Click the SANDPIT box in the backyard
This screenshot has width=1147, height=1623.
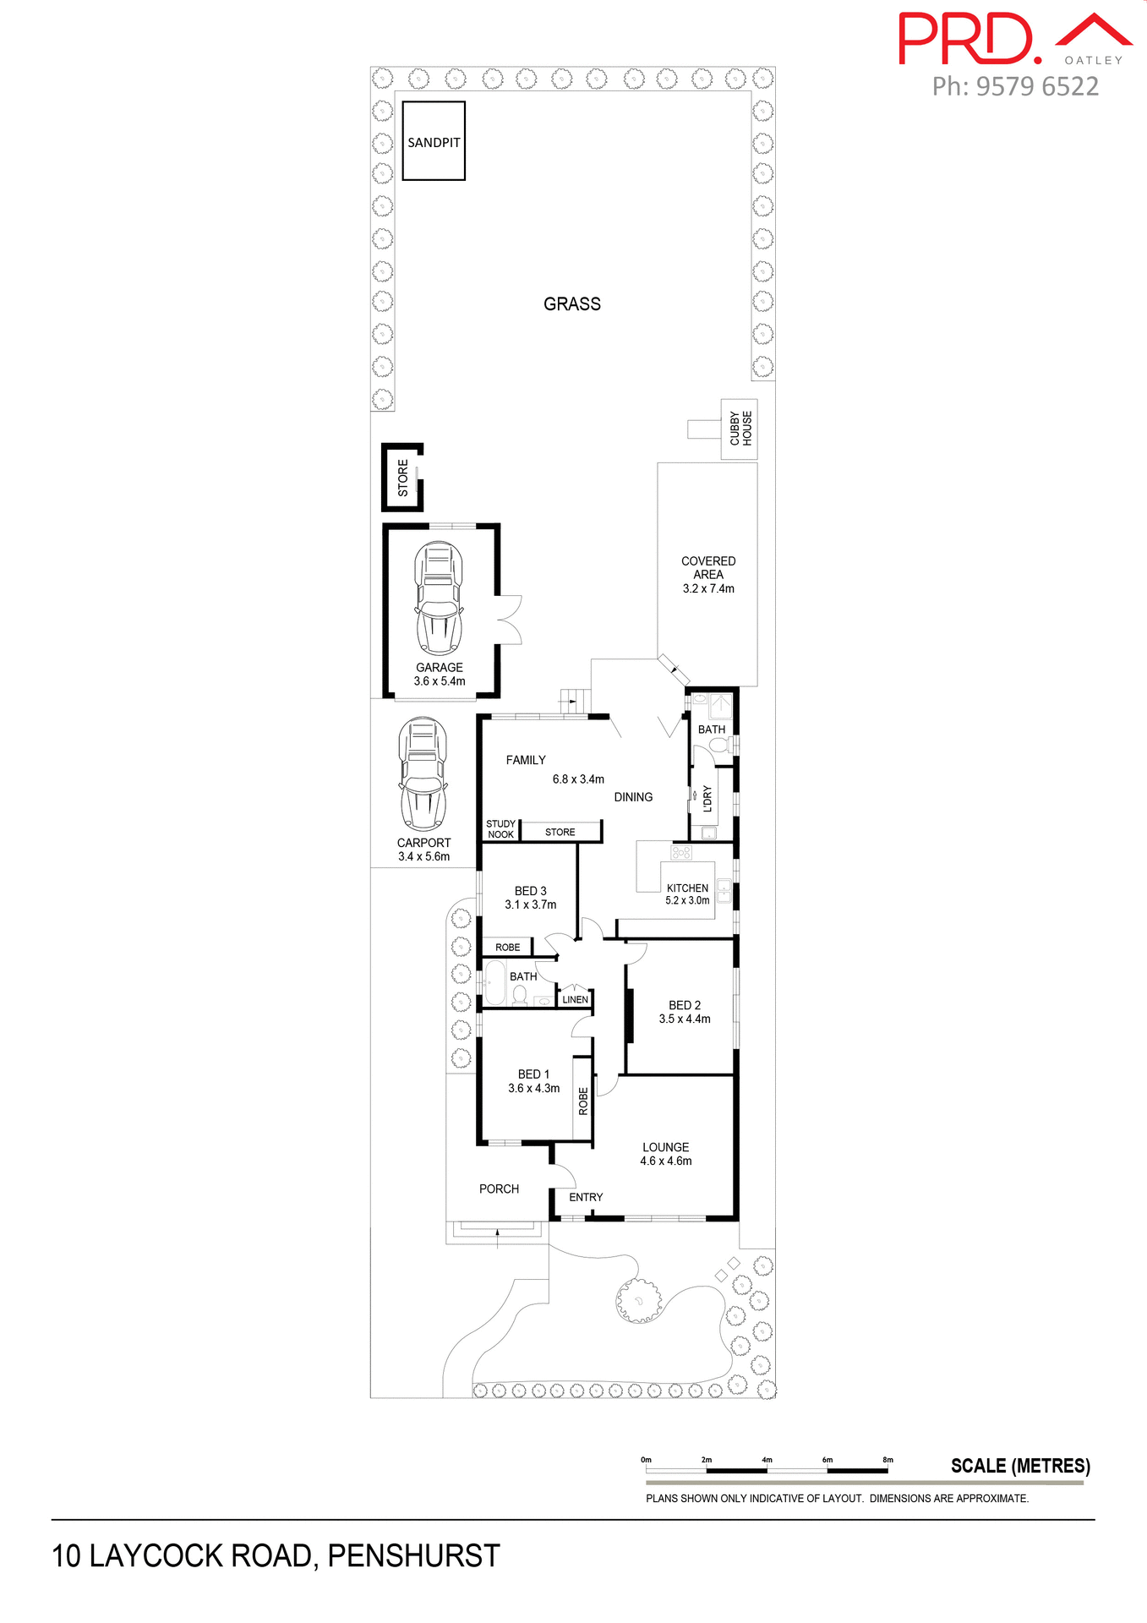434,141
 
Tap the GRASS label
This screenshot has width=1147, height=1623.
572,304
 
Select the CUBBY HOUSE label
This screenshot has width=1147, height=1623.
740,429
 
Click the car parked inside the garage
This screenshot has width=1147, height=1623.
439,598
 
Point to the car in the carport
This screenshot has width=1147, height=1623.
423,774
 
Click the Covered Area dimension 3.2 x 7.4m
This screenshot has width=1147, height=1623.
708,589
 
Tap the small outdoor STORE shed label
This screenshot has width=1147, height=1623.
403,478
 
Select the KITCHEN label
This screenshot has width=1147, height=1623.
687,888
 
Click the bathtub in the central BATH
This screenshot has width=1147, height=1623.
494,983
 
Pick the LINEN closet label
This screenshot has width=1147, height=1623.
575,1000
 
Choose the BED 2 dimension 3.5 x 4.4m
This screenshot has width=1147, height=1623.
685,1019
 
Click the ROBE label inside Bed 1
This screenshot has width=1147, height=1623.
583,1101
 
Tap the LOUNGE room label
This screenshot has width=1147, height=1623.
665,1147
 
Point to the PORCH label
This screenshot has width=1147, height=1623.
499,1189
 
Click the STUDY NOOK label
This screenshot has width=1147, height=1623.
500,829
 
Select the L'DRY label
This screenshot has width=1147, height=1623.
707,799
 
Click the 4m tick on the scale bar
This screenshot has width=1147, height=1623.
767,1460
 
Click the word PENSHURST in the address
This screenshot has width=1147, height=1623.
413,1556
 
